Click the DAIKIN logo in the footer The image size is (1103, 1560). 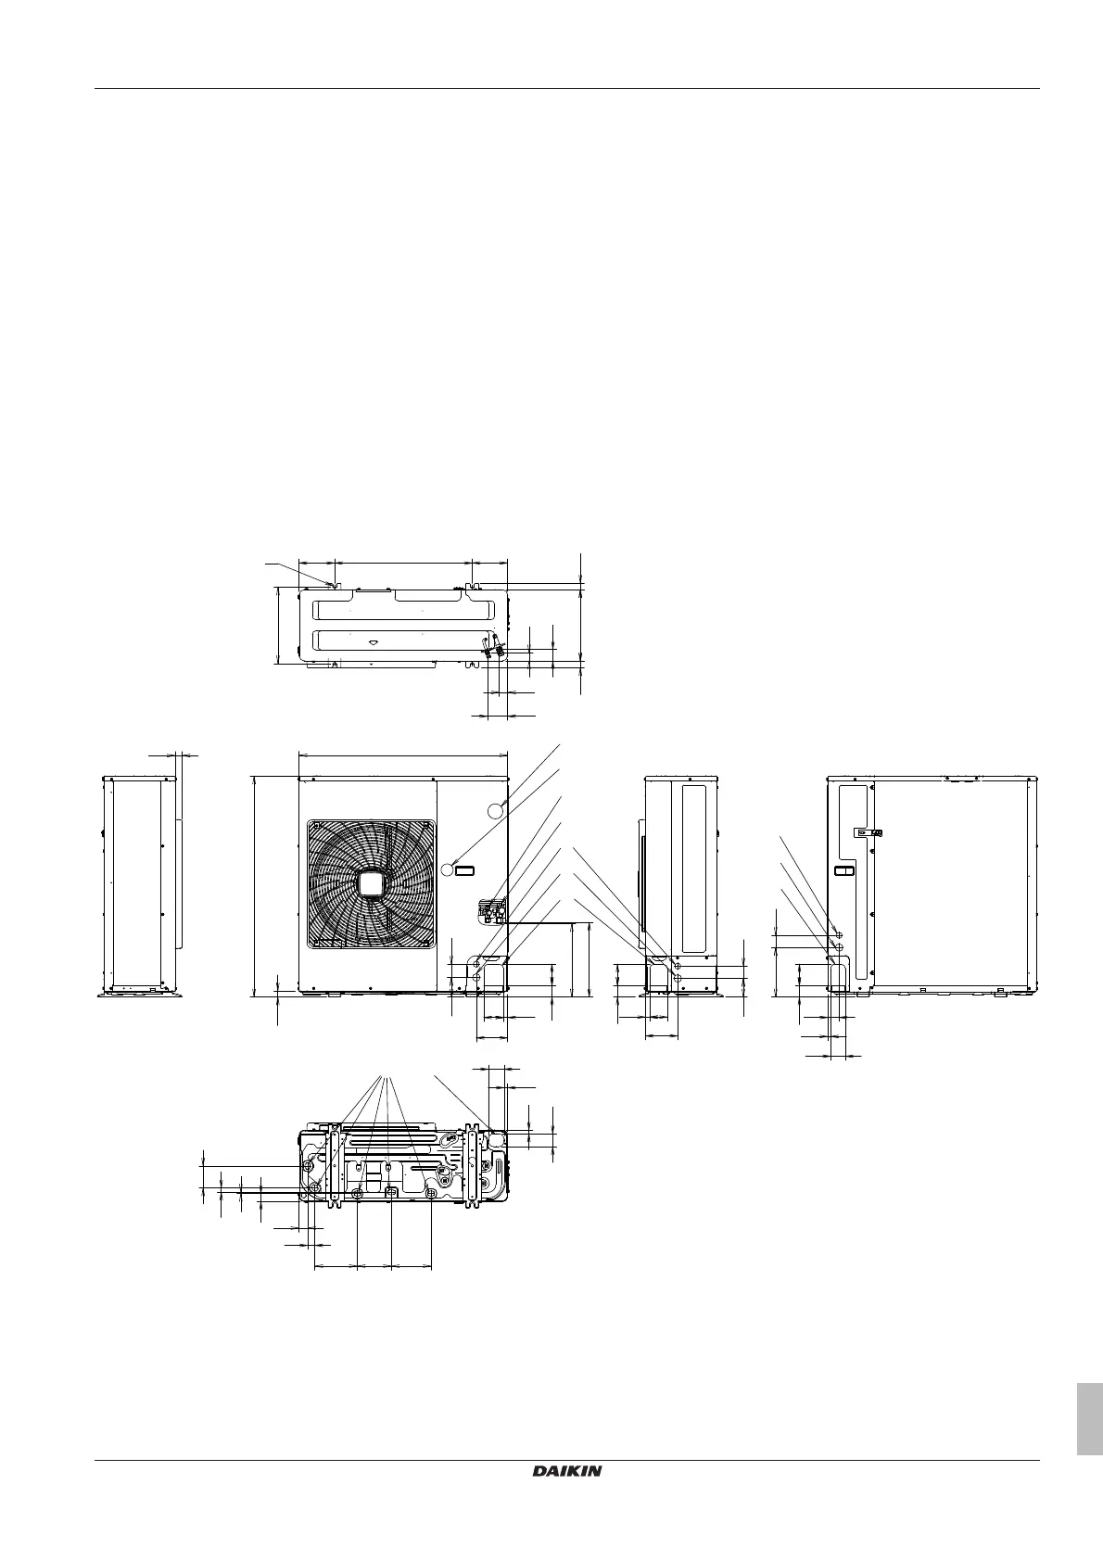[x=566, y=1471]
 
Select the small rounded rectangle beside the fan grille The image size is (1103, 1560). [x=464, y=869]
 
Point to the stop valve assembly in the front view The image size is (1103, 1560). [x=490, y=910]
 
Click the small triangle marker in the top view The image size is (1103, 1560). [x=373, y=641]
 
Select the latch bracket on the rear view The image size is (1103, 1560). [x=869, y=832]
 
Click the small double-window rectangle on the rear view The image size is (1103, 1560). [x=843, y=871]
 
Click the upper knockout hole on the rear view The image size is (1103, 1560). [x=838, y=935]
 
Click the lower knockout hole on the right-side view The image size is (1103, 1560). [x=678, y=978]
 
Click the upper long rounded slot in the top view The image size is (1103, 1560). [x=400, y=610]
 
